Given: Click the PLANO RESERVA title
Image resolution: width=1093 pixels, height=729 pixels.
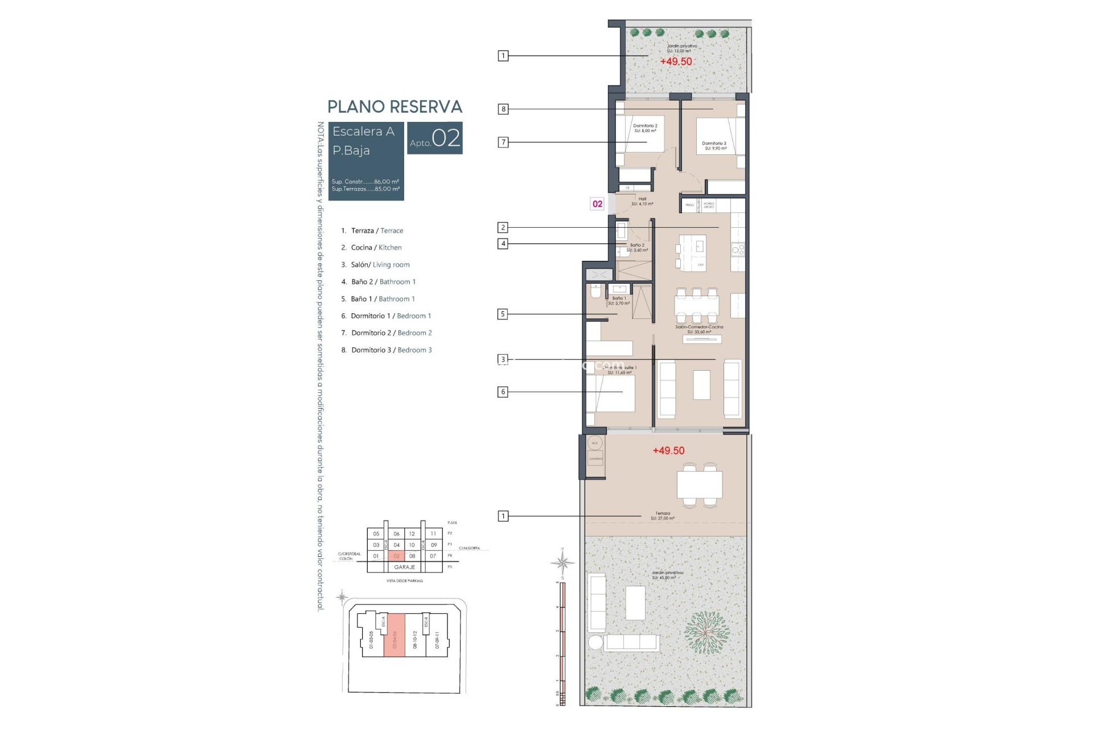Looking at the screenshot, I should tap(395, 107).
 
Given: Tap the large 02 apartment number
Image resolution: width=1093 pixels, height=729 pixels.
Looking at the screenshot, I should tap(446, 138).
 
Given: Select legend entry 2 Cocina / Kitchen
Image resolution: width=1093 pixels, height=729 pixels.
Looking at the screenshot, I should tap(372, 247).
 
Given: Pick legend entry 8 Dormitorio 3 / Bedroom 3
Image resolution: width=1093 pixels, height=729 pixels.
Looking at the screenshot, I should tap(387, 350).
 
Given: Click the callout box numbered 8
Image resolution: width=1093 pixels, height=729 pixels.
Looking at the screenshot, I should tap(503, 109).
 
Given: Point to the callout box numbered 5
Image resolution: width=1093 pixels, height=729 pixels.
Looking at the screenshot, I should tap(502, 314).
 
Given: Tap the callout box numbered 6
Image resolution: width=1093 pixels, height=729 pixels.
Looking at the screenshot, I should tap(502, 392).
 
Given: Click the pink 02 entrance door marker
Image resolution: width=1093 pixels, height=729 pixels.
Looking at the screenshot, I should tap(597, 204).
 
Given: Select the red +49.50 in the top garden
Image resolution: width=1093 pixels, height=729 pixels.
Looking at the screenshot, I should tap(676, 62).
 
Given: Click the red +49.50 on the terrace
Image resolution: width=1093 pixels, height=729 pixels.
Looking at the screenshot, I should tap(668, 450).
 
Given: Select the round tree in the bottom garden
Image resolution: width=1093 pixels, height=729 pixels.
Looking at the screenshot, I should tap(706, 632).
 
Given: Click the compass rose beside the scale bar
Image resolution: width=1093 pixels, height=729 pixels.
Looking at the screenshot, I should tap(562, 563).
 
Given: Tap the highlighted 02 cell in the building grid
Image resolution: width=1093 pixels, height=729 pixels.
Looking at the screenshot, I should tap(396, 556).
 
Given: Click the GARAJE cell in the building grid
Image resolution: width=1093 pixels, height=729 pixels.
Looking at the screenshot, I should tap(404, 567).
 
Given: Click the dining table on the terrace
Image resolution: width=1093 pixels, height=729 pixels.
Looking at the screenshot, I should tap(700, 485).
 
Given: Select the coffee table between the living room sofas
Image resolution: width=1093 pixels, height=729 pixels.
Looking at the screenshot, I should tap(701, 385).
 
